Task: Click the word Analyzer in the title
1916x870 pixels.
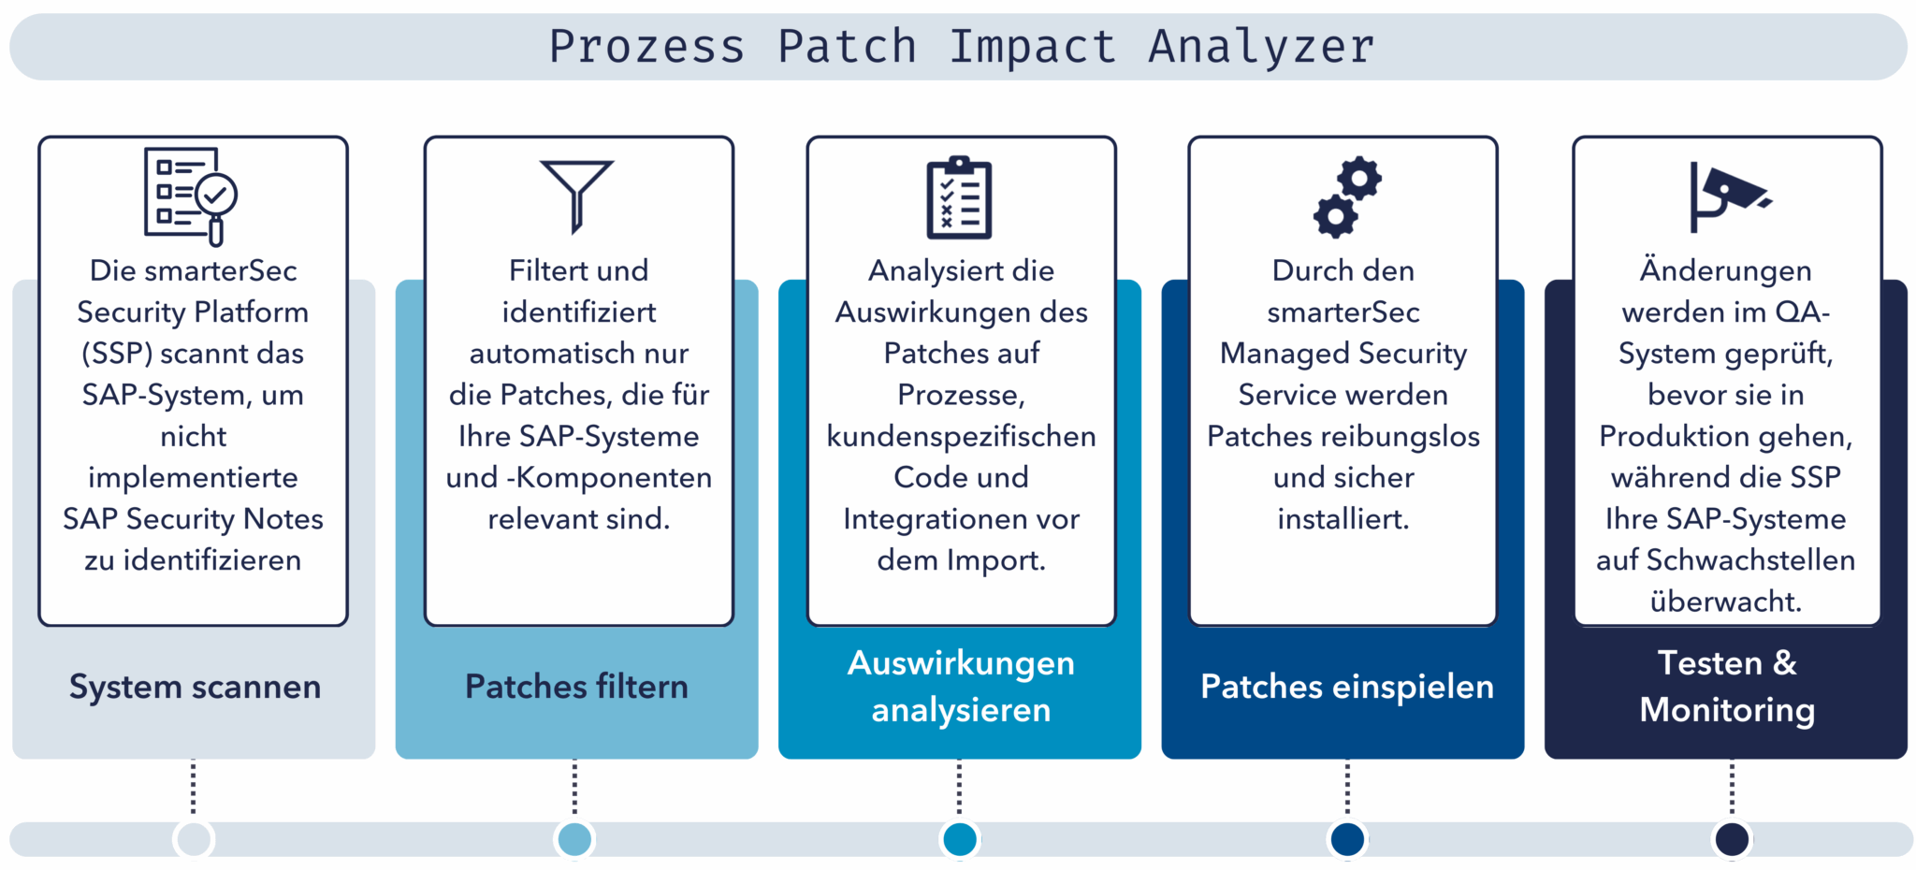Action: (x=1261, y=47)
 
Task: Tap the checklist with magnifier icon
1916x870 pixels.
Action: (x=191, y=196)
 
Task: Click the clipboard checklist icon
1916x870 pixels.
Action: (x=959, y=197)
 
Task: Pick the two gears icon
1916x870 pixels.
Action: (x=1347, y=196)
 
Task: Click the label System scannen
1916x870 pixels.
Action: (x=195, y=687)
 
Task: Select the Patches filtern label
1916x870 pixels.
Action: (x=576, y=687)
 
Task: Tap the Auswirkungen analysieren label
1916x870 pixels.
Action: (x=961, y=686)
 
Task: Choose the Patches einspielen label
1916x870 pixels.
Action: (x=1346, y=687)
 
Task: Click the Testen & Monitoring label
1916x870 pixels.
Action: (x=1727, y=686)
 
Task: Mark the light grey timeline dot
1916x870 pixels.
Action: (x=194, y=839)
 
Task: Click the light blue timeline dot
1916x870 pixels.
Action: (x=574, y=839)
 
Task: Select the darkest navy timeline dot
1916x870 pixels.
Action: (x=1732, y=839)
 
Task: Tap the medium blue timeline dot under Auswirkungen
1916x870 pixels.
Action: (x=959, y=839)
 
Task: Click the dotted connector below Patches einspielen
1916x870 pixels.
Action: (x=1347, y=788)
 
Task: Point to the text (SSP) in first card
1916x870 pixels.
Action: (x=117, y=354)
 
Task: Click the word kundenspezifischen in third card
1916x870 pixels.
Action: (x=961, y=437)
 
